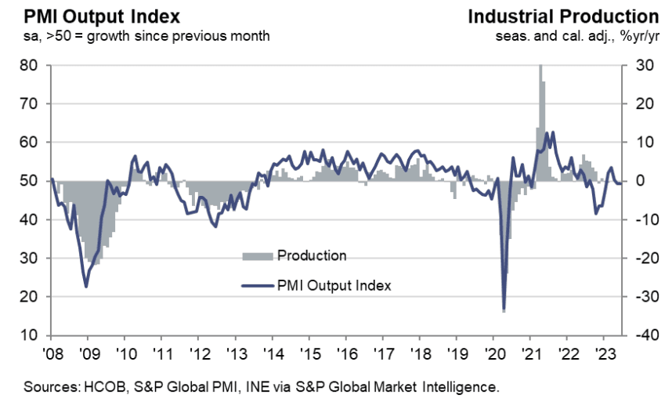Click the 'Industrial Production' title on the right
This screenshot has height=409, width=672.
[563, 16]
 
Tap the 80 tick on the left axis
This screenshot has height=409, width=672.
[30, 66]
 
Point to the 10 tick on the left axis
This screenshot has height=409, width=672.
[30, 335]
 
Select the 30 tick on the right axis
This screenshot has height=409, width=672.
[637, 66]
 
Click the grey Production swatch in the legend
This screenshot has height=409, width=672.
[258, 255]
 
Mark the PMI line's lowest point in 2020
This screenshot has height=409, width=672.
[504, 309]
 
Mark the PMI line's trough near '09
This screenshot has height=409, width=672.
[85, 287]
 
